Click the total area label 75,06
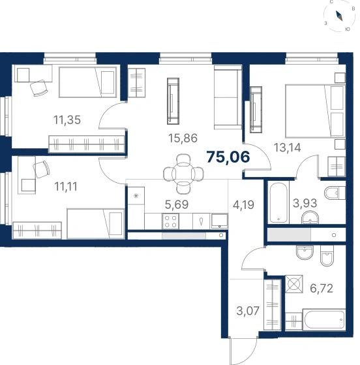pos(228,157)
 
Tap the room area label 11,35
pos(67,120)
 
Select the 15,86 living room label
pos(183,138)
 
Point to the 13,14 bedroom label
pos(287,148)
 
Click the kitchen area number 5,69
pos(177,204)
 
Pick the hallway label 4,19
pos(243,205)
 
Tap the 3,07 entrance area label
pos(248,311)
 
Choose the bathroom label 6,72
pos(322,289)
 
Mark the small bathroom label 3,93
pos(305,203)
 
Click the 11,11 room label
pos(66,187)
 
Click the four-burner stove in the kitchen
pos(170,221)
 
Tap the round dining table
pos(183,174)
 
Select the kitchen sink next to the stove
pos(219,221)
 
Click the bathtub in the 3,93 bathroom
pos(278,202)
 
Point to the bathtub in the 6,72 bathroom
pos(324,319)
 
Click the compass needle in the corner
pos(339,16)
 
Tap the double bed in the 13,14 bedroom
pos(315,111)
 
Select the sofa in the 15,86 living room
pos(228,97)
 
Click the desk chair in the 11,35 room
pos(39,87)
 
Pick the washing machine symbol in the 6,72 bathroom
pos(294,284)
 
